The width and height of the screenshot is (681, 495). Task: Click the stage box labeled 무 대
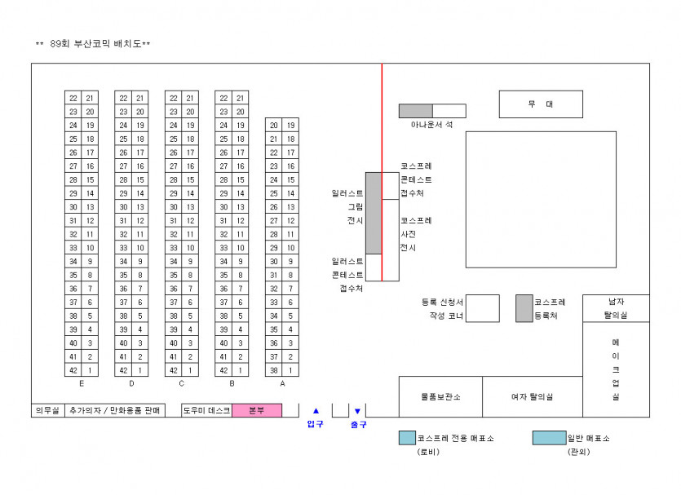pyautogui.click(x=541, y=104)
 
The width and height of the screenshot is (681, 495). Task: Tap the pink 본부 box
pyautogui.click(x=256, y=410)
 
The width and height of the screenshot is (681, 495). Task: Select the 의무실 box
pyautogui.click(x=47, y=410)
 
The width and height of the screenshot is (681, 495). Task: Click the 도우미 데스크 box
pyautogui.click(x=206, y=410)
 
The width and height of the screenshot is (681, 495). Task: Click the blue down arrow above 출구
pyautogui.click(x=357, y=411)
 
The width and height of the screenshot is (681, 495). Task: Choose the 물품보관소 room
pyautogui.click(x=440, y=396)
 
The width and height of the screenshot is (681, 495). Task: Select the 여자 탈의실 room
pyautogui.click(x=532, y=396)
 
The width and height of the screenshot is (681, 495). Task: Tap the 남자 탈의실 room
pyautogui.click(x=616, y=307)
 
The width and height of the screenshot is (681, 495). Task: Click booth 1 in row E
pyautogui.click(x=90, y=370)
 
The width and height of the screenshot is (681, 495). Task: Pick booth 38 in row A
pyautogui.click(x=274, y=370)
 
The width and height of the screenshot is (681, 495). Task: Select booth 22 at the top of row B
pyautogui.click(x=223, y=98)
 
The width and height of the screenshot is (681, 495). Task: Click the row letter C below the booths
pyautogui.click(x=181, y=382)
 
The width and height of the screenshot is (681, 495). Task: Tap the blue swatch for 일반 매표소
pyautogui.click(x=549, y=438)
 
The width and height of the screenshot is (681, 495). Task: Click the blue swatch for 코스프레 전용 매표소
pyautogui.click(x=407, y=438)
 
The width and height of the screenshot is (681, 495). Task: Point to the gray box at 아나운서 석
pyautogui.click(x=415, y=111)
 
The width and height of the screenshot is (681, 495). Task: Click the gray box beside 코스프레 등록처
pyautogui.click(x=524, y=308)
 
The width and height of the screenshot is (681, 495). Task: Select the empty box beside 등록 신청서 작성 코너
pyautogui.click(x=483, y=308)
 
